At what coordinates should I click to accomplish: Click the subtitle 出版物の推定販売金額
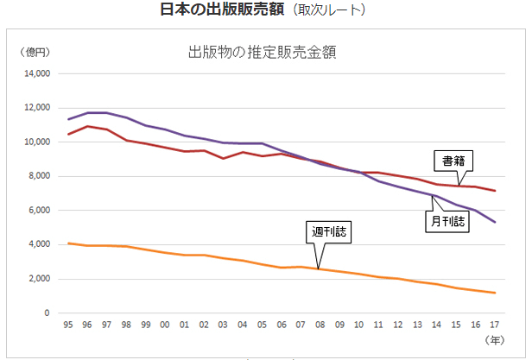(261, 51)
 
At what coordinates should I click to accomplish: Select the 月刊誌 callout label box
(447, 221)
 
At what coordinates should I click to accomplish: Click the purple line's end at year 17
(495, 222)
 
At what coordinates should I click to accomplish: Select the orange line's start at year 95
(67, 243)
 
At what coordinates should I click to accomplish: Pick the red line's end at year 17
(495, 191)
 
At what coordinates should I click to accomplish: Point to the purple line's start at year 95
(67, 119)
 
